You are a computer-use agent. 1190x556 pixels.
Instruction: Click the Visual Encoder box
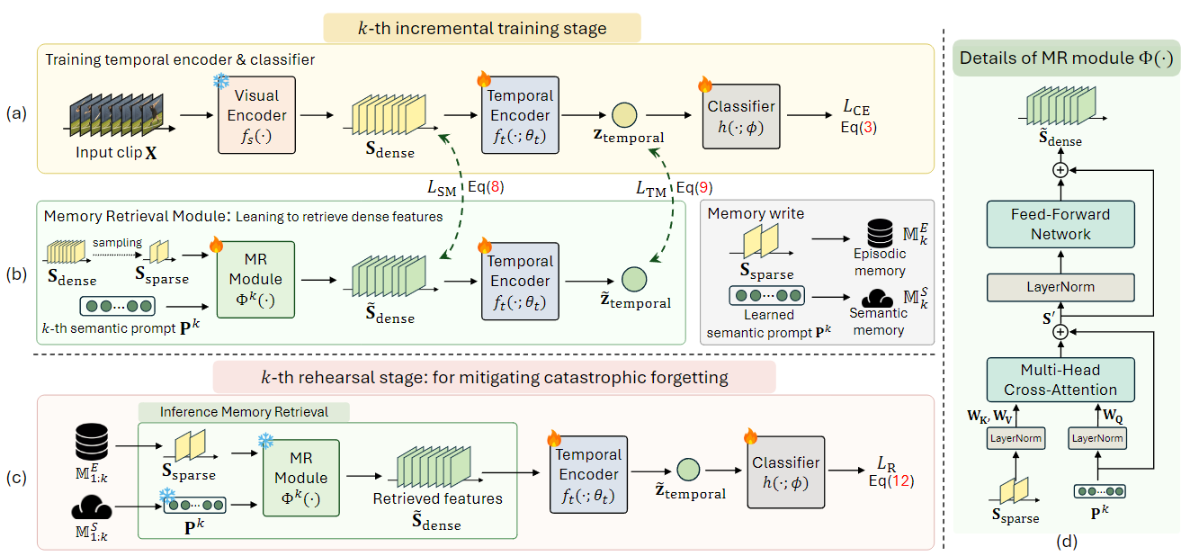pyautogui.click(x=256, y=115)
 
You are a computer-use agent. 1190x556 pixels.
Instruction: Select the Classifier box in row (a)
pyautogui.click(x=741, y=116)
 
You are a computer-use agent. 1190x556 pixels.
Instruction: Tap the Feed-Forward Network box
pyautogui.click(x=1060, y=224)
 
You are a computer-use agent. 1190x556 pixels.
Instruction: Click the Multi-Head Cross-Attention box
pyautogui.click(x=1060, y=380)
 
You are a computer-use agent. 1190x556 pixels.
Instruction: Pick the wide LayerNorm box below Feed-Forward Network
pyautogui.click(x=1060, y=287)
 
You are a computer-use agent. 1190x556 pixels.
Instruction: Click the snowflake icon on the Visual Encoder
pyautogui.click(x=221, y=81)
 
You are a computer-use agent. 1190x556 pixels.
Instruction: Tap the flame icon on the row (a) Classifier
pyautogui.click(x=705, y=84)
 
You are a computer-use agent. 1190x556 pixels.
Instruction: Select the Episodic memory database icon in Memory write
pyautogui.click(x=880, y=233)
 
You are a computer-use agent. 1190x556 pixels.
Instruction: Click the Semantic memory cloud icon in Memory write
pyautogui.click(x=877, y=298)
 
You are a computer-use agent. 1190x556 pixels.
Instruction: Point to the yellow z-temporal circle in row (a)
pyautogui.click(x=624, y=115)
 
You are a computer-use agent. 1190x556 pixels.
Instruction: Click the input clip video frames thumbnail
pyautogui.click(x=116, y=115)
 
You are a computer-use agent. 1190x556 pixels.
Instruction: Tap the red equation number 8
pyautogui.click(x=495, y=187)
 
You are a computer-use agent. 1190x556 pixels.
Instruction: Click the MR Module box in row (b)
pyautogui.click(x=255, y=280)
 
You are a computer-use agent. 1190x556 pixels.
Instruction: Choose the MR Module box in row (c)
pyautogui.click(x=301, y=478)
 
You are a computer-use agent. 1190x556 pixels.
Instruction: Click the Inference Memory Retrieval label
pyautogui.click(x=244, y=412)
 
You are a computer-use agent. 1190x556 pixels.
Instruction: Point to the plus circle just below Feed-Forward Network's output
pyautogui.click(x=1060, y=170)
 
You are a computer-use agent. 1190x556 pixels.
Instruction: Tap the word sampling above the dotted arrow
pyautogui.click(x=118, y=242)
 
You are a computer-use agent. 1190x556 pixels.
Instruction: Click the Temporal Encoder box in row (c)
pyautogui.click(x=588, y=475)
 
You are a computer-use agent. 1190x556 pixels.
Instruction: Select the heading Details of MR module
pyautogui.click(x=1066, y=58)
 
